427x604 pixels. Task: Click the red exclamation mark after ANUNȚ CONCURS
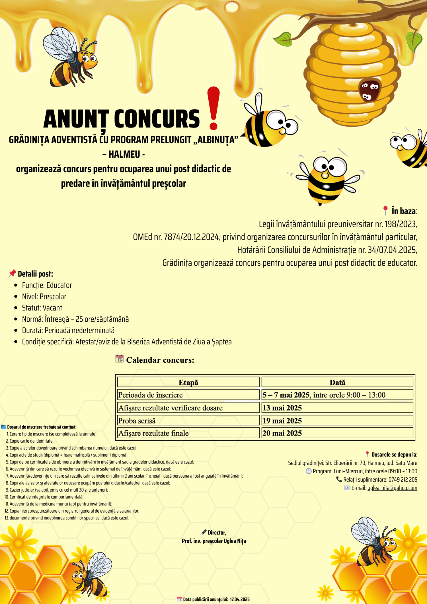click(213, 108)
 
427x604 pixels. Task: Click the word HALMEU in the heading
click(124, 154)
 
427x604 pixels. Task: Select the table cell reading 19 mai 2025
click(337, 420)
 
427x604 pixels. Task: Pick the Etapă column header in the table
click(188, 382)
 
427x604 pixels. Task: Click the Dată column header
click(337, 382)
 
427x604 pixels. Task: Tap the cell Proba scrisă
click(188, 420)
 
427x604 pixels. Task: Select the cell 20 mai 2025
click(337, 433)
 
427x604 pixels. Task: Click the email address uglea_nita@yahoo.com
click(392, 488)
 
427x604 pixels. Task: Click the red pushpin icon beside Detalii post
click(12, 274)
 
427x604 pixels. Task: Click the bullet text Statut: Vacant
click(42, 308)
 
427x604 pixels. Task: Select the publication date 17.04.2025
click(240, 599)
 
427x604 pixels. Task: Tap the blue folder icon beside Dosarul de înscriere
click(4, 427)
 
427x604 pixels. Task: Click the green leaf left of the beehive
click(284, 39)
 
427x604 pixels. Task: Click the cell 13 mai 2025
click(337, 408)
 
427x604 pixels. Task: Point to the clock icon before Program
click(308, 471)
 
